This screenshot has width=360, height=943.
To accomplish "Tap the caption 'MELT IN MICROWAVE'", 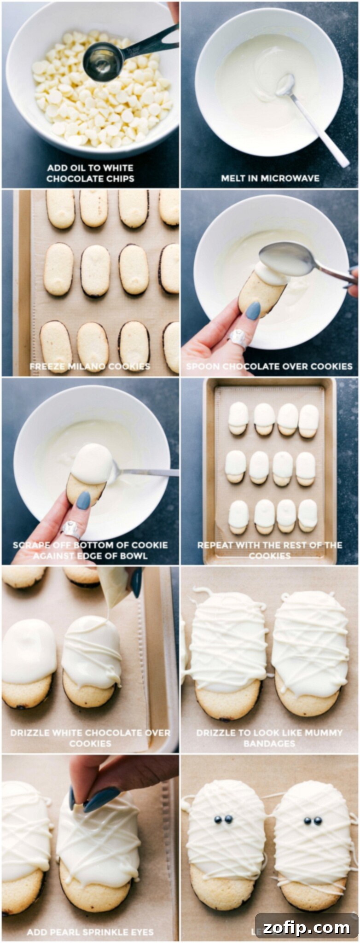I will pos(270,178).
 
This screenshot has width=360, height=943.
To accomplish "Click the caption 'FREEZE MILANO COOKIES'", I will pos(90,367).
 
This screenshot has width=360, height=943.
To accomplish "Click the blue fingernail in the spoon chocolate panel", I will pos(253,311).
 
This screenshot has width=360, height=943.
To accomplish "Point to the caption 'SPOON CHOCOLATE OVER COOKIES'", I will pos(269,367).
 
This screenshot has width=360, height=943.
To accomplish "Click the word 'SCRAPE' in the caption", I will pos(29,545).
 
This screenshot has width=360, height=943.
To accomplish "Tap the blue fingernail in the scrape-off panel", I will pos(83,501).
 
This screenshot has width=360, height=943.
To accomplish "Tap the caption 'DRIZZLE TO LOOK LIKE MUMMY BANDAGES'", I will pos(269,738).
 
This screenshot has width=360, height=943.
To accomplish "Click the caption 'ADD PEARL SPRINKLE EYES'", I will pos(90,932).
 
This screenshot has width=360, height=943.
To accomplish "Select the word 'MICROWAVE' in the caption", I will pos(293,178).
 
